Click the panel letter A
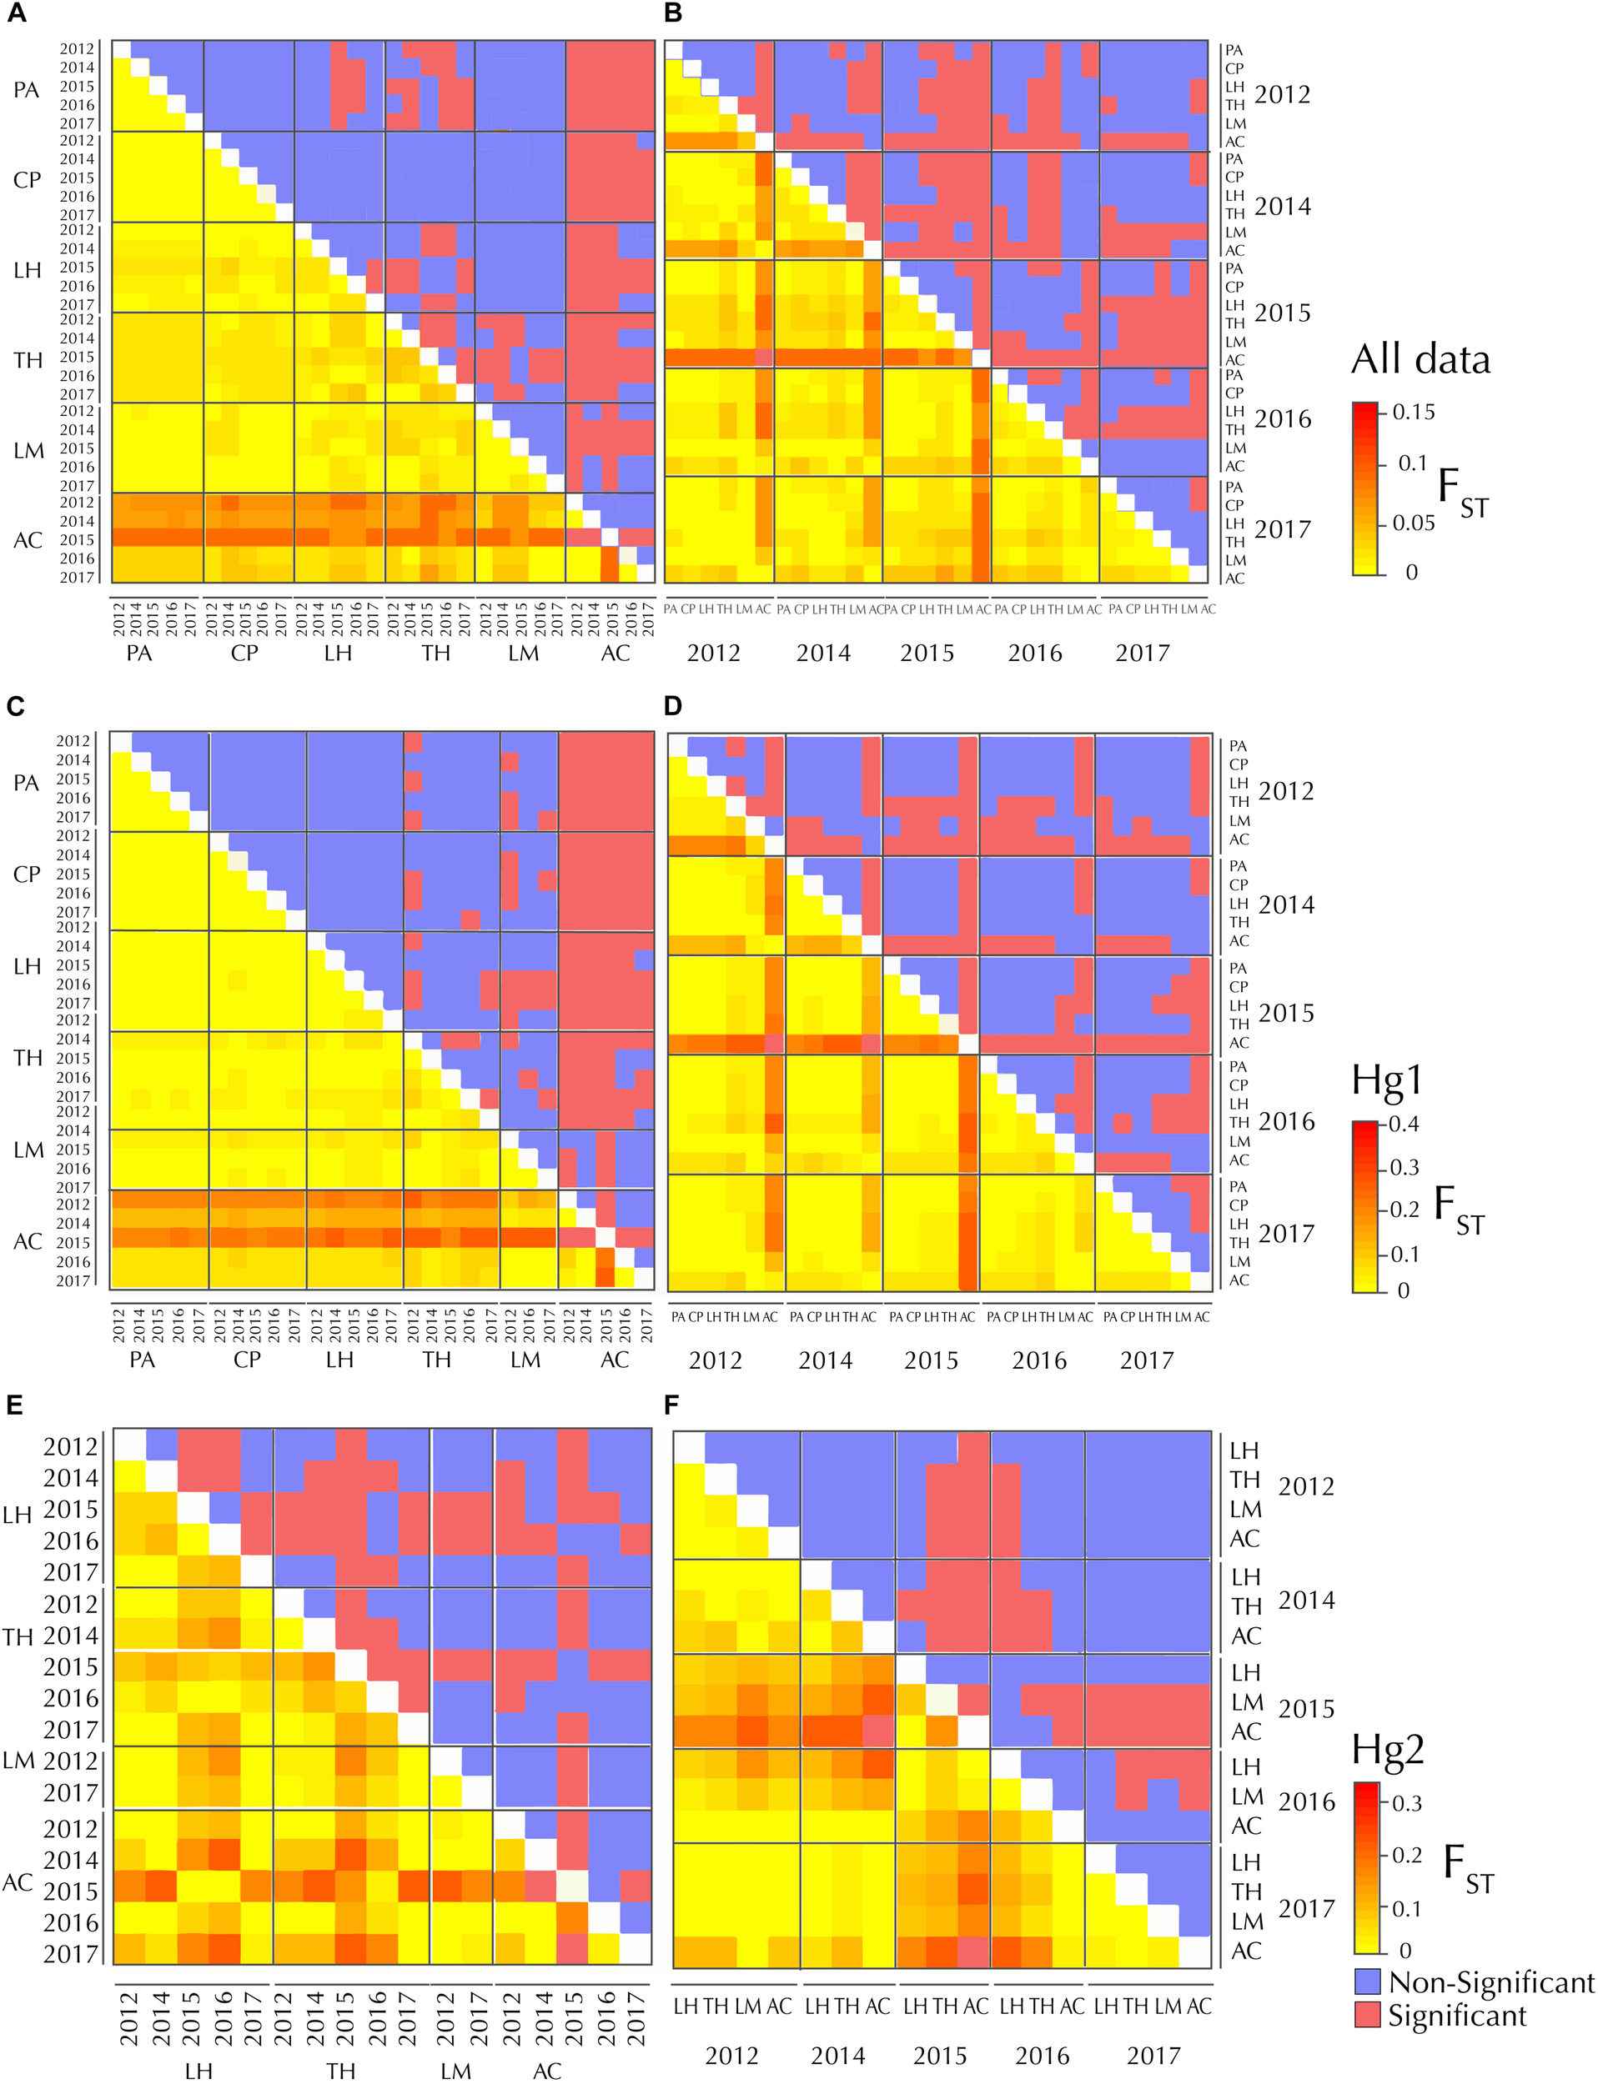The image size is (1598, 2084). point(15,13)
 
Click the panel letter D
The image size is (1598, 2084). point(673,705)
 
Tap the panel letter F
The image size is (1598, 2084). point(672,1405)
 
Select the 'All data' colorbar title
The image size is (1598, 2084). point(1420,359)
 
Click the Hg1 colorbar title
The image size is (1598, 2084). point(1387,1079)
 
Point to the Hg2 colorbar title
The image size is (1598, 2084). point(1388,1750)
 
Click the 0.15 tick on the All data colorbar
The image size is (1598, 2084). point(1413,412)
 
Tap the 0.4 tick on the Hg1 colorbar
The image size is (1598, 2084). point(1404,1124)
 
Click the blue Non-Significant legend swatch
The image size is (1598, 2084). point(1367,1981)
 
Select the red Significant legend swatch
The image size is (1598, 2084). point(1367,2015)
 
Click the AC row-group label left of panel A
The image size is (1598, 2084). point(28,540)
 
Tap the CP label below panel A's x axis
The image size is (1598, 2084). point(244,654)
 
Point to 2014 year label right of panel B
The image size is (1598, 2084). point(1282,206)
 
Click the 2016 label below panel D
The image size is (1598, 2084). point(1038,1360)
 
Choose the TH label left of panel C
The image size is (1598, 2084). point(28,1058)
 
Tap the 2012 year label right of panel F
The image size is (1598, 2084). point(1306,1486)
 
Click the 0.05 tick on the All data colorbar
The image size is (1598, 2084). point(1414,523)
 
